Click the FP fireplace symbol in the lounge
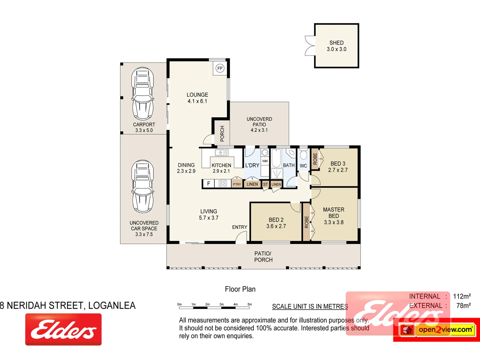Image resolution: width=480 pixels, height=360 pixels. pyautogui.click(x=220, y=68)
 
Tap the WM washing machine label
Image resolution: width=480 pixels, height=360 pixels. pyautogui.click(x=265, y=161)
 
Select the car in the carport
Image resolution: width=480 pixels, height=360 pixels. pyautogui.click(x=143, y=94)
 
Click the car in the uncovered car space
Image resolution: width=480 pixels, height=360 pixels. pyautogui.click(x=143, y=186)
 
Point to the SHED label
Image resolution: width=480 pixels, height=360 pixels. pyautogui.click(x=336, y=43)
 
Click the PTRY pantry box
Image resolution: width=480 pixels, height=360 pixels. pyautogui.click(x=237, y=184)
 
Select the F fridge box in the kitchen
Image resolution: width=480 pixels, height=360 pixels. pyautogui.click(x=209, y=184)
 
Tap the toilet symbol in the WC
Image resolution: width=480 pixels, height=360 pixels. pyautogui.click(x=303, y=155)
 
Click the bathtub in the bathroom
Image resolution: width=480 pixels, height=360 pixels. pyautogui.click(x=276, y=158)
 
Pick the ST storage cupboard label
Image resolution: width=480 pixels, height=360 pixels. pyautogui.click(x=265, y=184)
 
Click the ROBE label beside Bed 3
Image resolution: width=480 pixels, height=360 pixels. pyautogui.click(x=315, y=159)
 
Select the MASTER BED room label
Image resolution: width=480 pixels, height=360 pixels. pyautogui.click(x=334, y=213)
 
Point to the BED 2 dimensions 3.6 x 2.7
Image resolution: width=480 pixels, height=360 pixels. pyautogui.click(x=276, y=226)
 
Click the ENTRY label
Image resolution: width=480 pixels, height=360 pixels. pyautogui.click(x=240, y=227)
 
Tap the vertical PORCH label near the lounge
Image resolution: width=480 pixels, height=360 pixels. pyautogui.click(x=222, y=133)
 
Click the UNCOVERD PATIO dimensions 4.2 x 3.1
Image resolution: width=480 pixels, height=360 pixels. pyautogui.click(x=259, y=130)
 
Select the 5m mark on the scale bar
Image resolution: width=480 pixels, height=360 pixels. pyautogui.click(x=250, y=304)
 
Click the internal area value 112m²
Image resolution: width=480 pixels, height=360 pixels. pyautogui.click(x=462, y=296)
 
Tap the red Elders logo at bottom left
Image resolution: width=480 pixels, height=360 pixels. pyautogui.click(x=63, y=329)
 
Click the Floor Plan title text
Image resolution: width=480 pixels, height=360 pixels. pyautogui.click(x=240, y=289)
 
